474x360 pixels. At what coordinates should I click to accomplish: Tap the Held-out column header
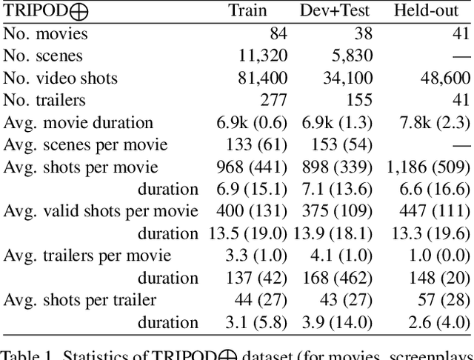(x=434, y=10)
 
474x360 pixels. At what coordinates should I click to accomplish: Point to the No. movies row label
(x=45, y=33)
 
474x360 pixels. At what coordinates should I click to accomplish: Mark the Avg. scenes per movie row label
(x=85, y=144)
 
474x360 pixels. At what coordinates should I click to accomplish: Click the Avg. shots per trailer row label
(x=80, y=300)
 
